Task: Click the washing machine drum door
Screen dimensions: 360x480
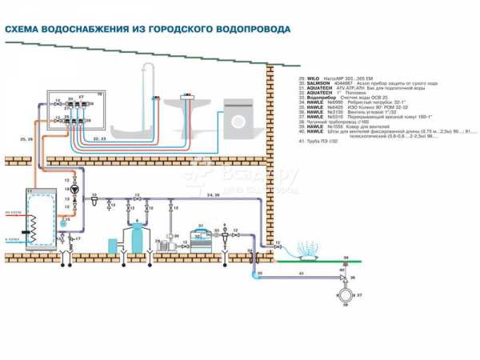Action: point(238,118)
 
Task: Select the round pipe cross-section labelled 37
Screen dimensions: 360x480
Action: point(345,297)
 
